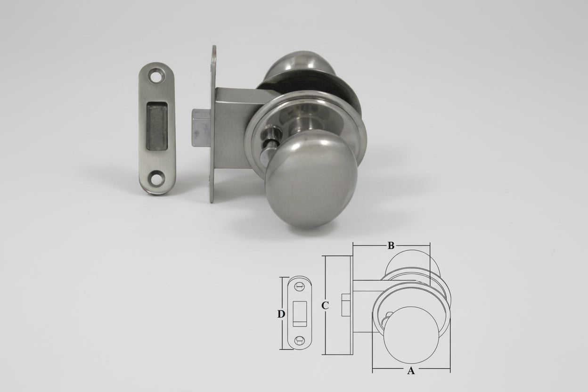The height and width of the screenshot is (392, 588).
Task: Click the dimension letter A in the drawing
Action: tap(411, 371)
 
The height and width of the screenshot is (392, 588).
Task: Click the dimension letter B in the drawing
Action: tap(391, 245)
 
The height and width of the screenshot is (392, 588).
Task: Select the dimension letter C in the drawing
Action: tap(325, 306)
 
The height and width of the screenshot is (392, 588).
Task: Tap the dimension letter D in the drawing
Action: tap(281, 314)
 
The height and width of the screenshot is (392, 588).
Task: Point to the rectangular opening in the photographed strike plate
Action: tap(157, 126)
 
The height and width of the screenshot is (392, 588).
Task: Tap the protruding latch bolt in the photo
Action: tap(202, 128)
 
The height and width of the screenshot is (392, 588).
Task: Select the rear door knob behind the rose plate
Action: tap(300, 65)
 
